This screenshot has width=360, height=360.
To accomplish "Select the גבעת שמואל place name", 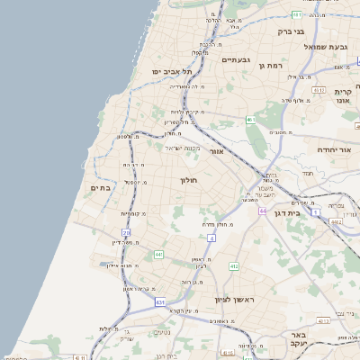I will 325,47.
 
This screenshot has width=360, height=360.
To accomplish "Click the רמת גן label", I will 271,65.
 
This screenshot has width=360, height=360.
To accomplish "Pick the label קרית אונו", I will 342,96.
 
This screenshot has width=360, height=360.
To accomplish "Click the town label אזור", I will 216,151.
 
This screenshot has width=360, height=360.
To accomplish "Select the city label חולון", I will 189,180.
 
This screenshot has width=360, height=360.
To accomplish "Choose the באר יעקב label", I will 299,339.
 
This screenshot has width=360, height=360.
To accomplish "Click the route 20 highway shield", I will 126,233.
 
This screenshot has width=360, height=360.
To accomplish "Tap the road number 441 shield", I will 159,255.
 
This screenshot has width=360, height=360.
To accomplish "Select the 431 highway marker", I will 160,301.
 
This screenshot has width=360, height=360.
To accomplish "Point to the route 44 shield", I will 263,211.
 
